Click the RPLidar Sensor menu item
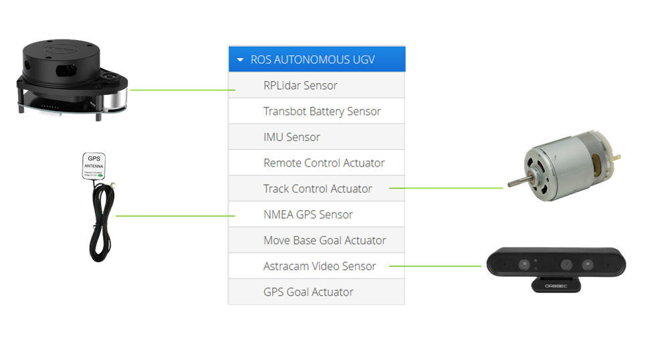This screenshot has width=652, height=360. pyautogui.click(x=300, y=86)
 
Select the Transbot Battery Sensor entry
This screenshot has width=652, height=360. pyautogui.click(x=322, y=112)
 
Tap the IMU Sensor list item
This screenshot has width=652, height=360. pyautogui.click(x=292, y=137)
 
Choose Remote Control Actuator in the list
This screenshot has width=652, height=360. pyautogui.click(x=324, y=163)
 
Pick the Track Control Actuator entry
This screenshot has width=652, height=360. pyautogui.click(x=318, y=189)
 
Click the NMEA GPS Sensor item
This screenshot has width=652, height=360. pyautogui.click(x=308, y=215)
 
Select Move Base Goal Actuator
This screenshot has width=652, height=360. pyautogui.click(x=324, y=240)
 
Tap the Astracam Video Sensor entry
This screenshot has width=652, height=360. pyautogui.click(x=320, y=266)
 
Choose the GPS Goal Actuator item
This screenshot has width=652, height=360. pyautogui.click(x=308, y=292)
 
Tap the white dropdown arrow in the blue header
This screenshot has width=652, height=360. pyautogui.click(x=240, y=60)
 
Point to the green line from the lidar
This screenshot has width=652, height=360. pyautogui.click(x=181, y=90)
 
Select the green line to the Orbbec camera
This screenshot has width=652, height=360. pyautogui.click(x=435, y=266)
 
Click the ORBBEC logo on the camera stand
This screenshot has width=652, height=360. pyautogui.click(x=555, y=284)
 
